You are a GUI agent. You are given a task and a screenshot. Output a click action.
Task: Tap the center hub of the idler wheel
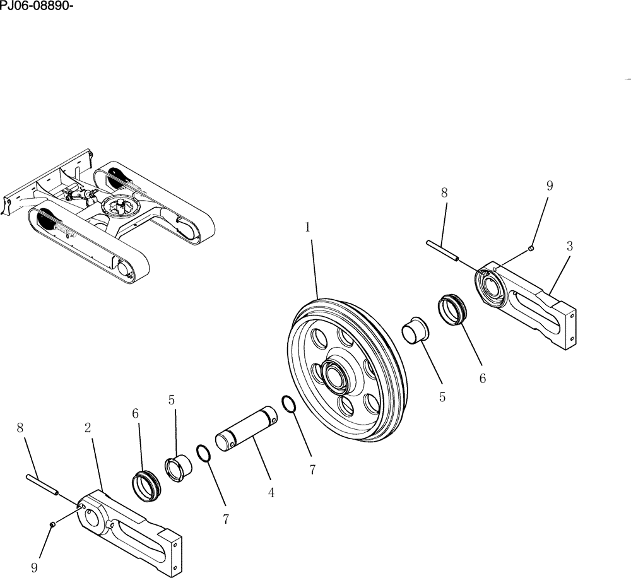[335, 377]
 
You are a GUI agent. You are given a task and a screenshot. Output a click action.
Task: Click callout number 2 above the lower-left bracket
[88, 428]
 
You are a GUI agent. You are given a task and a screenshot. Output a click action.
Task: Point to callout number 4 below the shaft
[271, 493]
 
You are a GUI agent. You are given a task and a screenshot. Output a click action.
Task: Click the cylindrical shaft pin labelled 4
[247, 430]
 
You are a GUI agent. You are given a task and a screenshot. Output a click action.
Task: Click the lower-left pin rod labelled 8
[42, 485]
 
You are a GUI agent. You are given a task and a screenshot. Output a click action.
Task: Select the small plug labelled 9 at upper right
[532, 248]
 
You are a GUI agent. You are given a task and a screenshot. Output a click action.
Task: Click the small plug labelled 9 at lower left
[54, 525]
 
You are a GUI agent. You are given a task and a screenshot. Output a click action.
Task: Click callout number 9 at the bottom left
[34, 567]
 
